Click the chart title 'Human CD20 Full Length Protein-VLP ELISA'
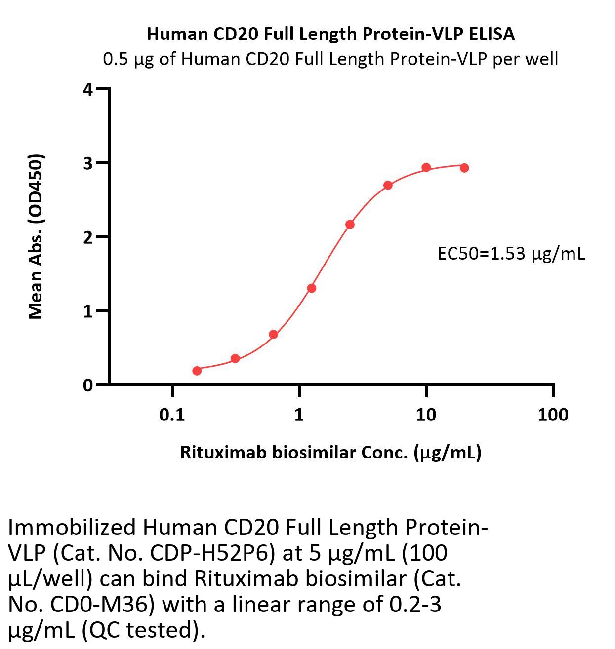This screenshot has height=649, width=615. point(330,34)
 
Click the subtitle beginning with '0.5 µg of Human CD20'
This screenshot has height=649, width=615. point(330,59)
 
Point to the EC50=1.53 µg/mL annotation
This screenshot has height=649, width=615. point(511,254)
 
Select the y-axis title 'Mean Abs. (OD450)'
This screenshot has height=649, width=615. point(36,237)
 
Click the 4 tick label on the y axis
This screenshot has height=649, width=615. point(88,89)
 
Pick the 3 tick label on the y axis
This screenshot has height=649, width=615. point(88,163)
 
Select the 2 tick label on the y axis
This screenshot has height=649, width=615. point(88,237)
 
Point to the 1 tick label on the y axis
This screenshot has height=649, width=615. point(88,311)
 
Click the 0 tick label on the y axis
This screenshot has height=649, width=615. point(88,385)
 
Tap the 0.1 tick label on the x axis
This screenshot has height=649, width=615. point(172,415)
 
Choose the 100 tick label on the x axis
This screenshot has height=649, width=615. point(553,415)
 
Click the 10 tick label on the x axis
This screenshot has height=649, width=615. point(426,415)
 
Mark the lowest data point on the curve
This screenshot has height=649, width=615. point(197,371)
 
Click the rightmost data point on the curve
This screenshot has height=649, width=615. point(464,168)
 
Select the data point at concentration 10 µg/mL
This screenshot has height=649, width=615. point(426,168)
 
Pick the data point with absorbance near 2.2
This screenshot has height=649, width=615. point(350,225)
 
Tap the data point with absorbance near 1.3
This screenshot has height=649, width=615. point(312,288)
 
